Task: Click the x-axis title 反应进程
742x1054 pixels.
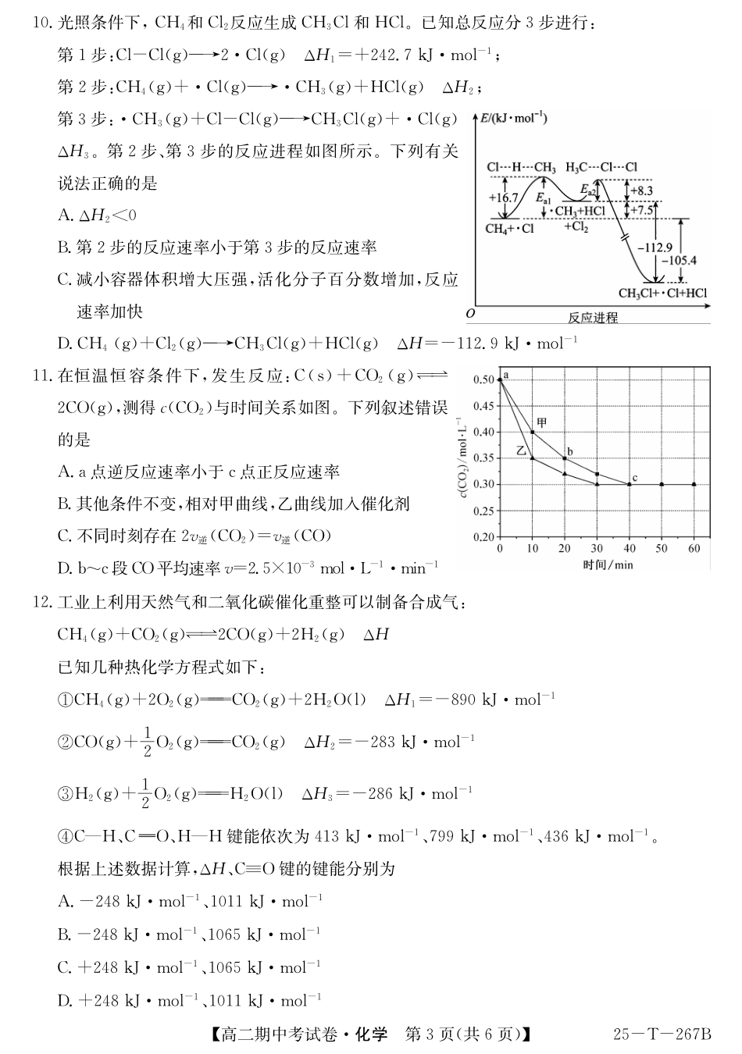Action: click(x=593, y=318)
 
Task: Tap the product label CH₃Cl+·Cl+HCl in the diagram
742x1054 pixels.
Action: click(x=662, y=294)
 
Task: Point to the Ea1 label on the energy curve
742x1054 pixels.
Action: click(x=543, y=199)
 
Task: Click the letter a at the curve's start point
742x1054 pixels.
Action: click(x=506, y=376)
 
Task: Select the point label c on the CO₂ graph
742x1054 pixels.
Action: click(x=634, y=477)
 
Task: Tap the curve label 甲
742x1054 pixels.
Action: click(x=541, y=422)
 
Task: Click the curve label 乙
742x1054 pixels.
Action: click(x=521, y=450)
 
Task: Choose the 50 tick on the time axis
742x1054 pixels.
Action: click(x=662, y=549)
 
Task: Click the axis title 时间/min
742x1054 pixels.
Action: click(x=607, y=564)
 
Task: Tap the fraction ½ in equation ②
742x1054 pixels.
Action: click(x=146, y=741)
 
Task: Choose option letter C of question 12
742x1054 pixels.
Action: click(x=65, y=967)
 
